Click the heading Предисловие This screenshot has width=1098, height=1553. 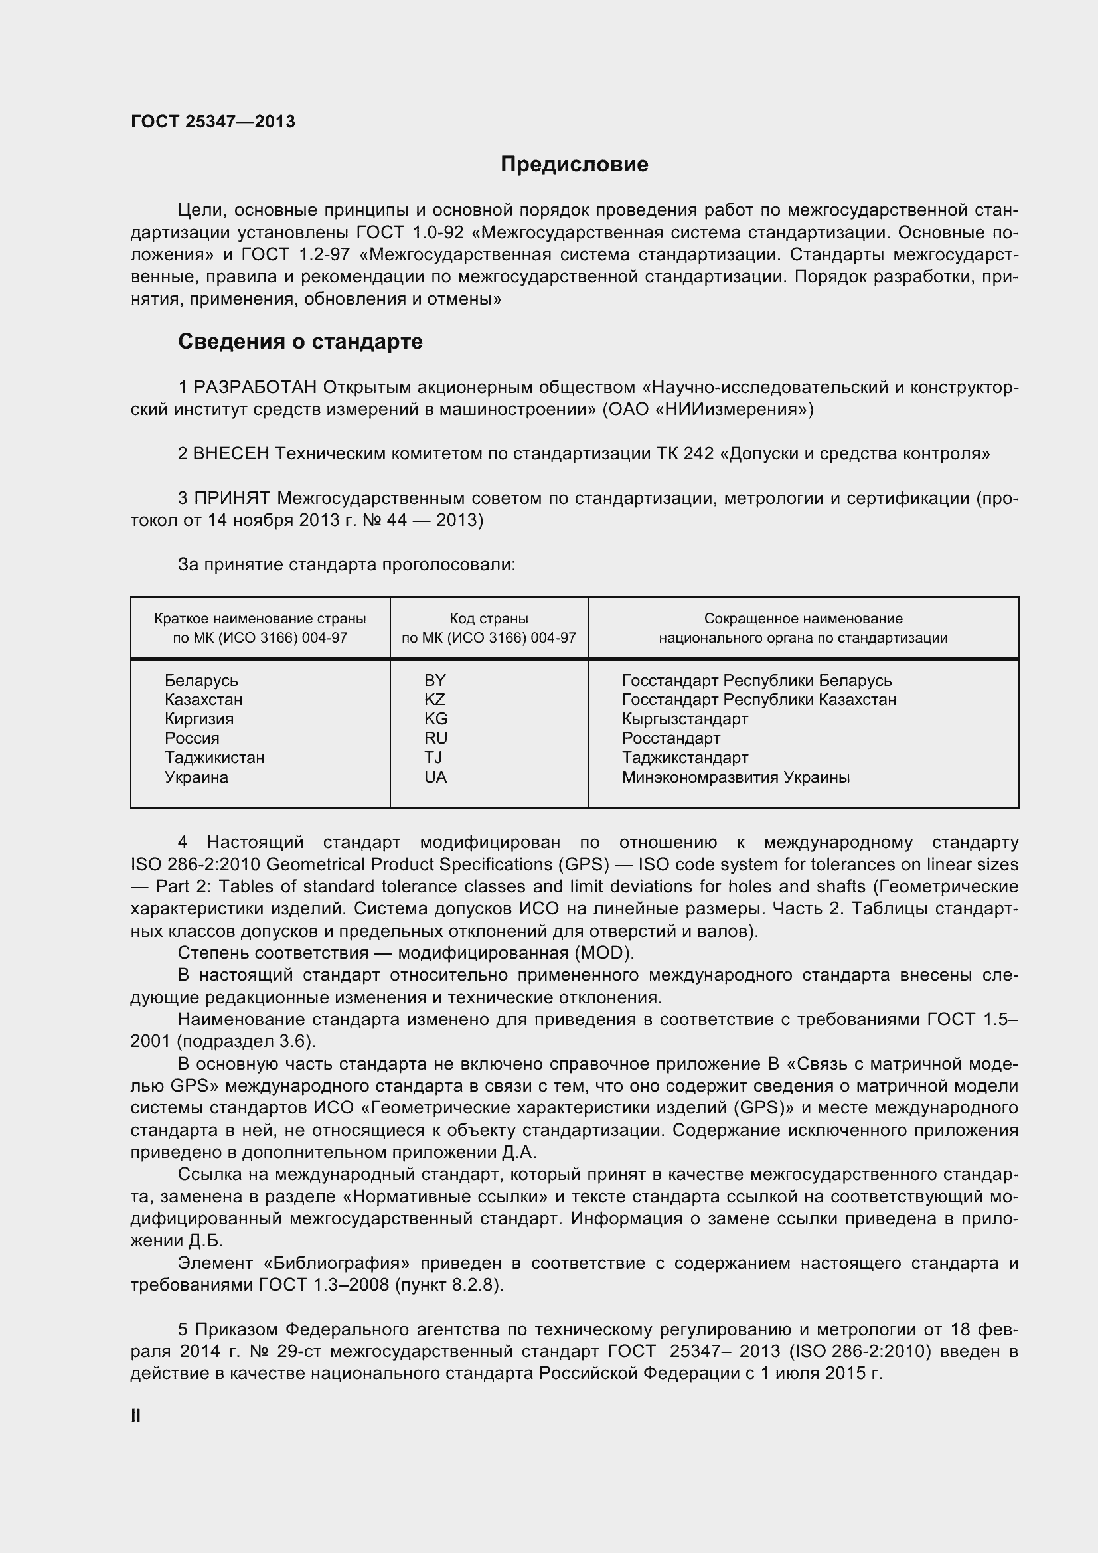click(574, 165)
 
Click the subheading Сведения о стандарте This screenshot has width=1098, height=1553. click(300, 341)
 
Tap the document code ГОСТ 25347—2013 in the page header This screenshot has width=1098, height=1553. click(213, 122)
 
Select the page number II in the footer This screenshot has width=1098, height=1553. click(136, 1416)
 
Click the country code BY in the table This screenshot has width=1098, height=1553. click(435, 681)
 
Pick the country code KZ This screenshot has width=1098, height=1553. click(435, 699)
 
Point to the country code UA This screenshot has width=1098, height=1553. click(435, 777)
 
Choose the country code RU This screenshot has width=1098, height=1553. click(436, 738)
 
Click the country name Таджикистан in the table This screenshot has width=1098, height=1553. click(214, 758)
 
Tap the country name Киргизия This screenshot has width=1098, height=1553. click(198, 719)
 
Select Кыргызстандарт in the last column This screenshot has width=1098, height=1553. click(685, 719)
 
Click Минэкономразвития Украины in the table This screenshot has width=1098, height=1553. click(736, 777)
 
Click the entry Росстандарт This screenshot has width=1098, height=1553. click(670, 738)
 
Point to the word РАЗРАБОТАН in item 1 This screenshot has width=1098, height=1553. click(255, 388)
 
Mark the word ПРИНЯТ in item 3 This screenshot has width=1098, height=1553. click(232, 499)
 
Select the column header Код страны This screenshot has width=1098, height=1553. click(489, 618)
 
